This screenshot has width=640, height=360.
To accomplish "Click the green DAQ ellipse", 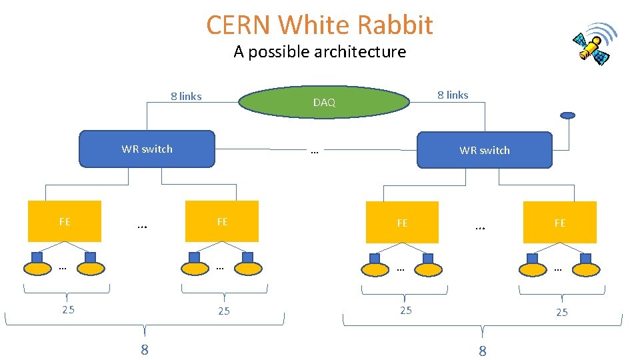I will [324, 102].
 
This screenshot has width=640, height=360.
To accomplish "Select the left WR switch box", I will [147, 149].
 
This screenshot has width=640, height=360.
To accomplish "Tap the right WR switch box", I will [484, 150].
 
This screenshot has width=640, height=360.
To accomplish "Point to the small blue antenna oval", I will [567, 115].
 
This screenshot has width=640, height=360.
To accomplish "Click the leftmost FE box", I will [64, 221].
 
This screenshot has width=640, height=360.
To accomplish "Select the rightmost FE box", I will [559, 222].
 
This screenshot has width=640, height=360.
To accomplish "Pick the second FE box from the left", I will [222, 221].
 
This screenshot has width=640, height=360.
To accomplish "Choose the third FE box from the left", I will [402, 222].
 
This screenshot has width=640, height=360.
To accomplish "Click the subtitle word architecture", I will [361, 52].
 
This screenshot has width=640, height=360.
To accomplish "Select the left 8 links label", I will [186, 96].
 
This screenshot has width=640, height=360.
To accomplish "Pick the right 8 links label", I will [453, 95].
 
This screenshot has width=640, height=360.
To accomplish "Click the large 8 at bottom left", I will [144, 349].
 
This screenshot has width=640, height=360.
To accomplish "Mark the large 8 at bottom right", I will [483, 351].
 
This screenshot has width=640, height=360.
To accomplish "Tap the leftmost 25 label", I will [68, 309].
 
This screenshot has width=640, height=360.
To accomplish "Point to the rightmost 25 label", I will [562, 312].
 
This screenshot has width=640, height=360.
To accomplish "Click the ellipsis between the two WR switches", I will [315, 151].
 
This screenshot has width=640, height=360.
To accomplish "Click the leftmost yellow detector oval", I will [37, 269].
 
